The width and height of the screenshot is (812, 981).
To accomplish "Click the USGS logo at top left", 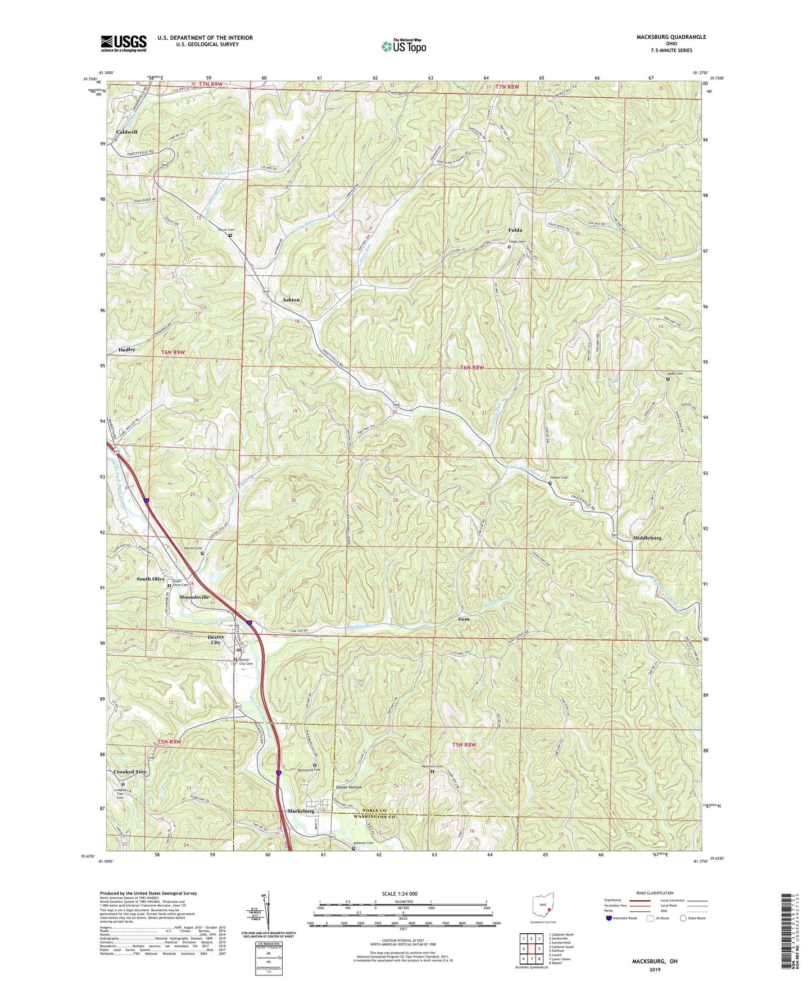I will [124, 43].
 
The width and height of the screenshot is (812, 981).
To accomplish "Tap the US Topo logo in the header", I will [403, 47].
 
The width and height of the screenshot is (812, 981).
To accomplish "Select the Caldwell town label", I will [127, 132].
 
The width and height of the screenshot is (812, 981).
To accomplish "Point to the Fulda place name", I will [515, 230].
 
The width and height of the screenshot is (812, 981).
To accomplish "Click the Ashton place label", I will [291, 300].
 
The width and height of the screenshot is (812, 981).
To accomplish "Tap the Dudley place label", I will [127, 349].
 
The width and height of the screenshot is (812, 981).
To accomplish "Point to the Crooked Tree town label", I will [130, 772].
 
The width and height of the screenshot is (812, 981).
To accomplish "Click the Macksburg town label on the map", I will [301, 811].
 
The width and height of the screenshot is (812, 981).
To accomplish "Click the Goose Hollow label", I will [349, 787].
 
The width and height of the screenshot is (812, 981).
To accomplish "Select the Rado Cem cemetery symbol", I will [668, 379].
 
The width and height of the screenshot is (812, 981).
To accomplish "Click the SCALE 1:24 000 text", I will [402, 894].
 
